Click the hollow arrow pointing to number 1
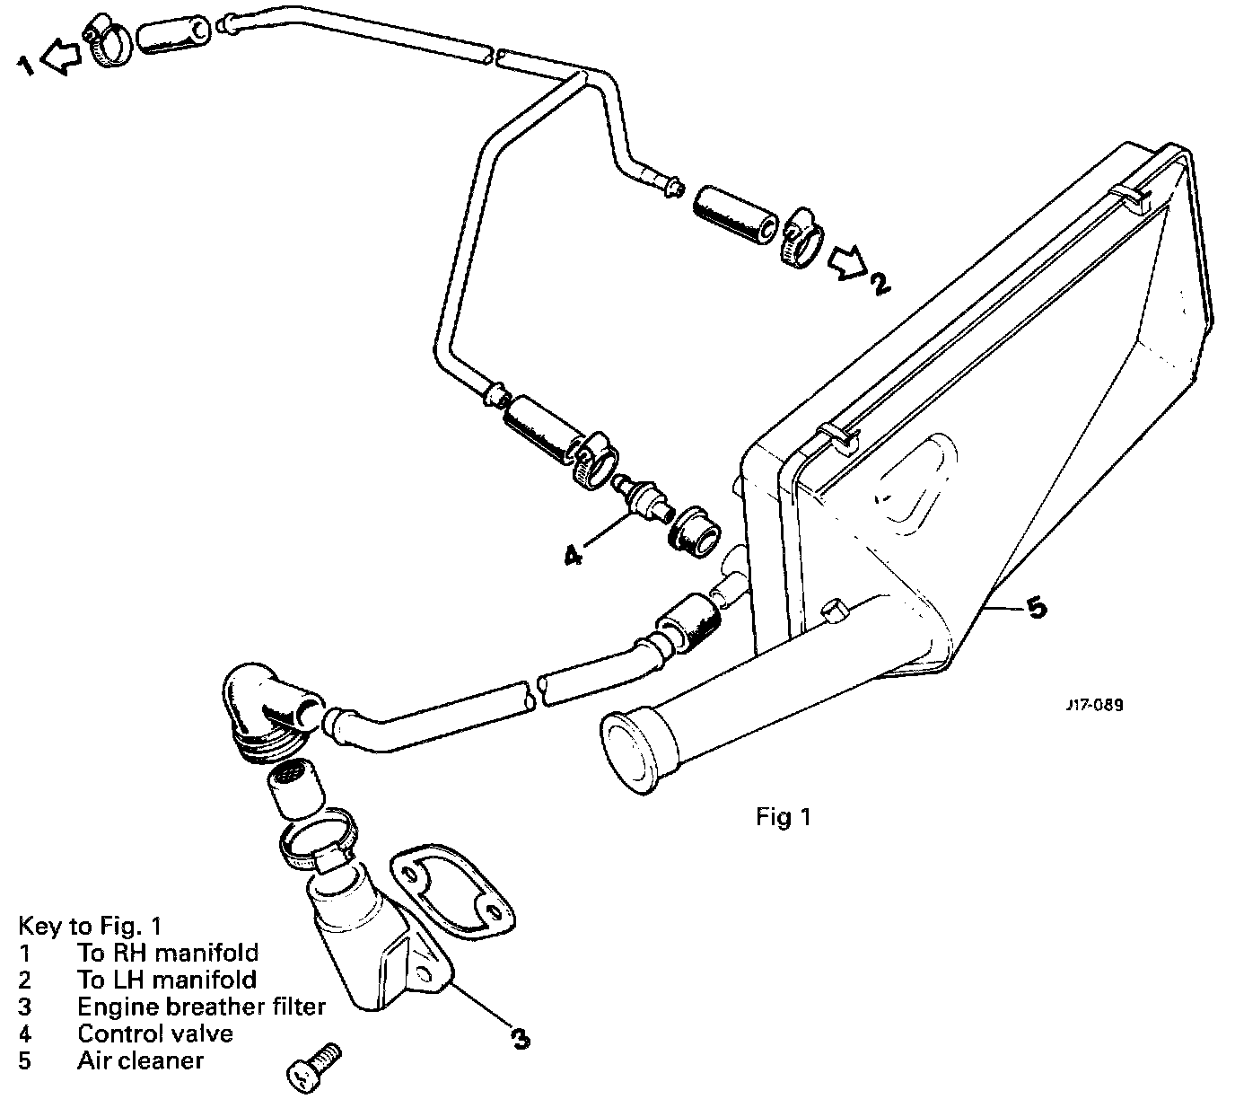tap(60, 58)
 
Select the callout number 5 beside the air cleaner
tap(1035, 609)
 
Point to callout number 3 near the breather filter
tap(519, 1038)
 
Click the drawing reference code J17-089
tap(1094, 705)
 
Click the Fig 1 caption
tap(784, 817)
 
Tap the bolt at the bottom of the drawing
tap(313, 1068)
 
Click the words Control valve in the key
tap(155, 1033)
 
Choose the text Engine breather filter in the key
tap(201, 1007)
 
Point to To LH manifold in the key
tap(167, 980)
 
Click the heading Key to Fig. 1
tap(89, 926)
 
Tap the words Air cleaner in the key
tap(140, 1060)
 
